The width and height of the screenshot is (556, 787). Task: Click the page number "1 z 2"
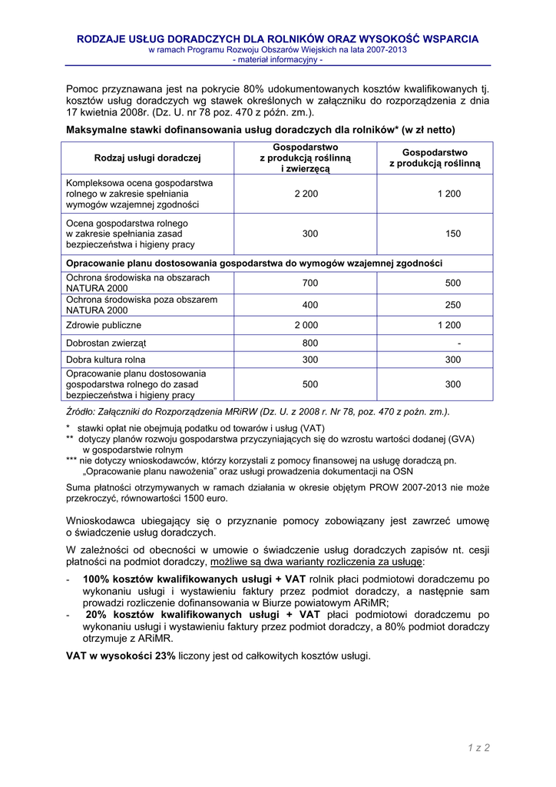477,747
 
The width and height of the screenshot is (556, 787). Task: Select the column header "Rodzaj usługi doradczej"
147,158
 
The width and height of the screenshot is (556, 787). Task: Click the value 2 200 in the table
306,194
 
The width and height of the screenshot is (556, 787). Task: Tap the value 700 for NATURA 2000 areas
309,283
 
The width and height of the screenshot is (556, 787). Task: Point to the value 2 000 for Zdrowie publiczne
306,325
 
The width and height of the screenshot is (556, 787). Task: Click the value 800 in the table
309,343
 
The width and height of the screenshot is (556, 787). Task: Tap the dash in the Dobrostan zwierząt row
458,343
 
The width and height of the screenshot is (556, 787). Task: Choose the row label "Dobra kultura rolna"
106,360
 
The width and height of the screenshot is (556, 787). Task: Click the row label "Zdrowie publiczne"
104,325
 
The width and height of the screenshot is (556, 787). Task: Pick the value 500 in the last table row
309,384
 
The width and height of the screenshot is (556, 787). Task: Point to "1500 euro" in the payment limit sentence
207,498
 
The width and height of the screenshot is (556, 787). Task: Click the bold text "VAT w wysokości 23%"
121,656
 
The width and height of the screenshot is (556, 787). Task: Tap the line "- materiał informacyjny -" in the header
277,59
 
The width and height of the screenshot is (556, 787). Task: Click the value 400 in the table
309,305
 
